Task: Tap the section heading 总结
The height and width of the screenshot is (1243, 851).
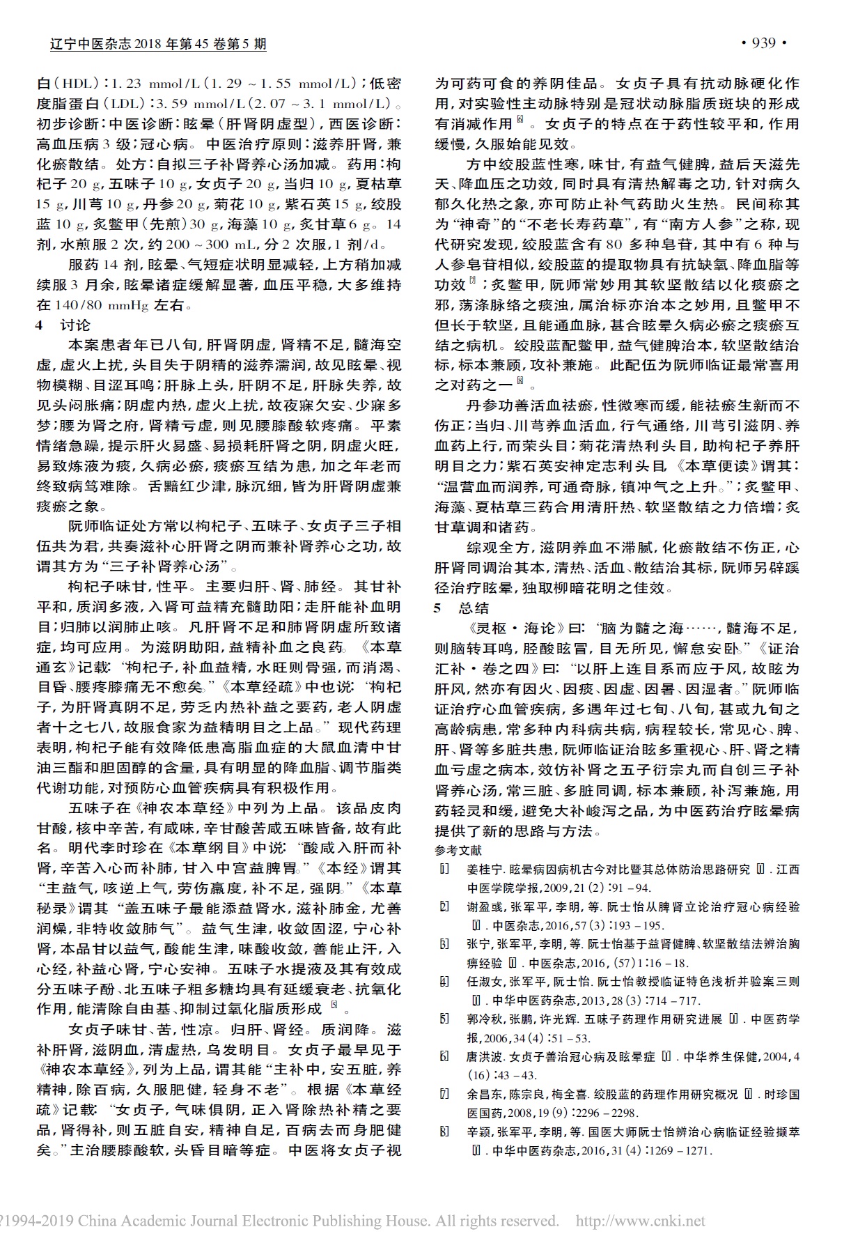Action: (474, 608)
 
